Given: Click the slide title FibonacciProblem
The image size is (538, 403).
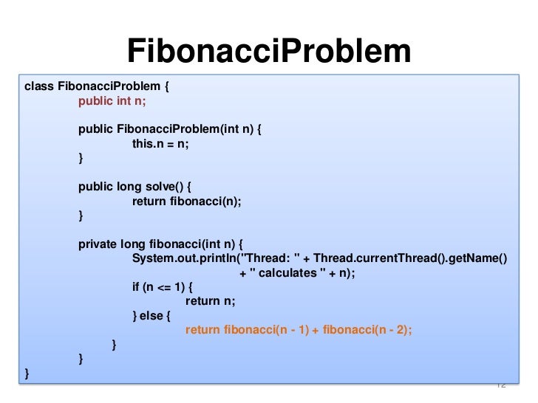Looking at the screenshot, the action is point(269,51).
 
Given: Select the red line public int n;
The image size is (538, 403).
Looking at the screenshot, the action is point(112,101).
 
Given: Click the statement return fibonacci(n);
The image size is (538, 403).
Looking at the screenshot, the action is point(187,201).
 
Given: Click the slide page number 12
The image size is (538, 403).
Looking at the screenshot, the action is point(500,385).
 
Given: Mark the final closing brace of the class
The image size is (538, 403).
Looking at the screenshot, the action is point(27,373).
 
